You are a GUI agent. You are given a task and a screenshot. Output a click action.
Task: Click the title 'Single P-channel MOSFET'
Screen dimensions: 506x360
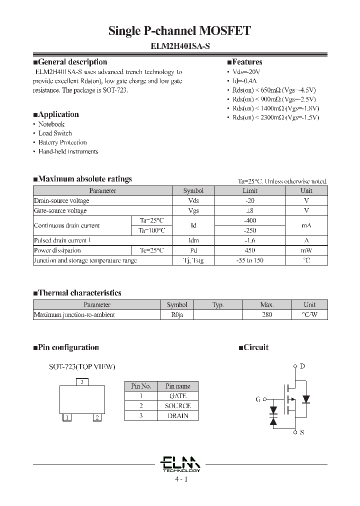(x=179, y=31)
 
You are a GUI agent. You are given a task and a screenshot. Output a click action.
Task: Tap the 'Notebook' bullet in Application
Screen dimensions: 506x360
(x=51, y=124)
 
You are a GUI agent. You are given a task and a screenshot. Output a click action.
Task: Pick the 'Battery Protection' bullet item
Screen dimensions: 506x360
(x=62, y=142)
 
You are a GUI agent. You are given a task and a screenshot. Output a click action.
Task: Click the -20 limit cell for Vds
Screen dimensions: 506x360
(x=250, y=200)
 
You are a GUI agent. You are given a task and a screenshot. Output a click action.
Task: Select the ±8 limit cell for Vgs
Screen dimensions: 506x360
(x=250, y=210)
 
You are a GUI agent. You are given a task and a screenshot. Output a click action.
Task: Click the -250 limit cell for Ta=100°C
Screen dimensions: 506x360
(x=250, y=230)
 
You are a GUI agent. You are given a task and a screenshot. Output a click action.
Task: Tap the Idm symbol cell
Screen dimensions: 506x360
(x=193, y=240)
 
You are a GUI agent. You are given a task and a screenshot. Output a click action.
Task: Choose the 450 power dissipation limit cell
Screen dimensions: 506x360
(x=250, y=250)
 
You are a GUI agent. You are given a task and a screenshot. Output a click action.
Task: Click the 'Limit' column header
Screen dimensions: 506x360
(x=250, y=190)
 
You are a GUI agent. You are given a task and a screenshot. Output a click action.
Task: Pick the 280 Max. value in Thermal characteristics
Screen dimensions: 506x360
(x=267, y=315)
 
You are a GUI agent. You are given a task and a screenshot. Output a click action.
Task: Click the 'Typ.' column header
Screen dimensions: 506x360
(x=218, y=304)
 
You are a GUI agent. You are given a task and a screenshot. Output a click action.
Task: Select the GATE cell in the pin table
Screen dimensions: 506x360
(x=178, y=396)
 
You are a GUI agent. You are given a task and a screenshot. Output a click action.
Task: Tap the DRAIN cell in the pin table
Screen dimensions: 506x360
(x=178, y=416)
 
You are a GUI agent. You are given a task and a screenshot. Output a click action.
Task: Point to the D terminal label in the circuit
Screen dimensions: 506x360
(x=302, y=366)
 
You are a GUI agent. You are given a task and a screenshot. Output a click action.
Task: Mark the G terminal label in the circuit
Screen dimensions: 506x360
(x=258, y=399)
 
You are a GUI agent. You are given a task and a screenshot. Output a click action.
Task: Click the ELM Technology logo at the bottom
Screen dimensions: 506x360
(x=181, y=463)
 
